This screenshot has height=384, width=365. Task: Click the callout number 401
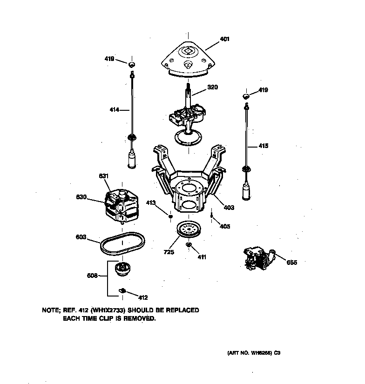coord(224,39)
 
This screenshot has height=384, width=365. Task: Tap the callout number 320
coord(212,87)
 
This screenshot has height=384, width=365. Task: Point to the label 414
coord(115,110)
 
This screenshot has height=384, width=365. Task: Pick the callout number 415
coord(263,146)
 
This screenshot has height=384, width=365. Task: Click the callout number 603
coord(81,236)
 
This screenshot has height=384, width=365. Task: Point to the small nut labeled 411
coord(189,245)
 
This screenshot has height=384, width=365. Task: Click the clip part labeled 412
coord(123,290)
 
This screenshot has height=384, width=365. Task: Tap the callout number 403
coord(229,208)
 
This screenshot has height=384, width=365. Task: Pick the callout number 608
coord(92,276)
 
